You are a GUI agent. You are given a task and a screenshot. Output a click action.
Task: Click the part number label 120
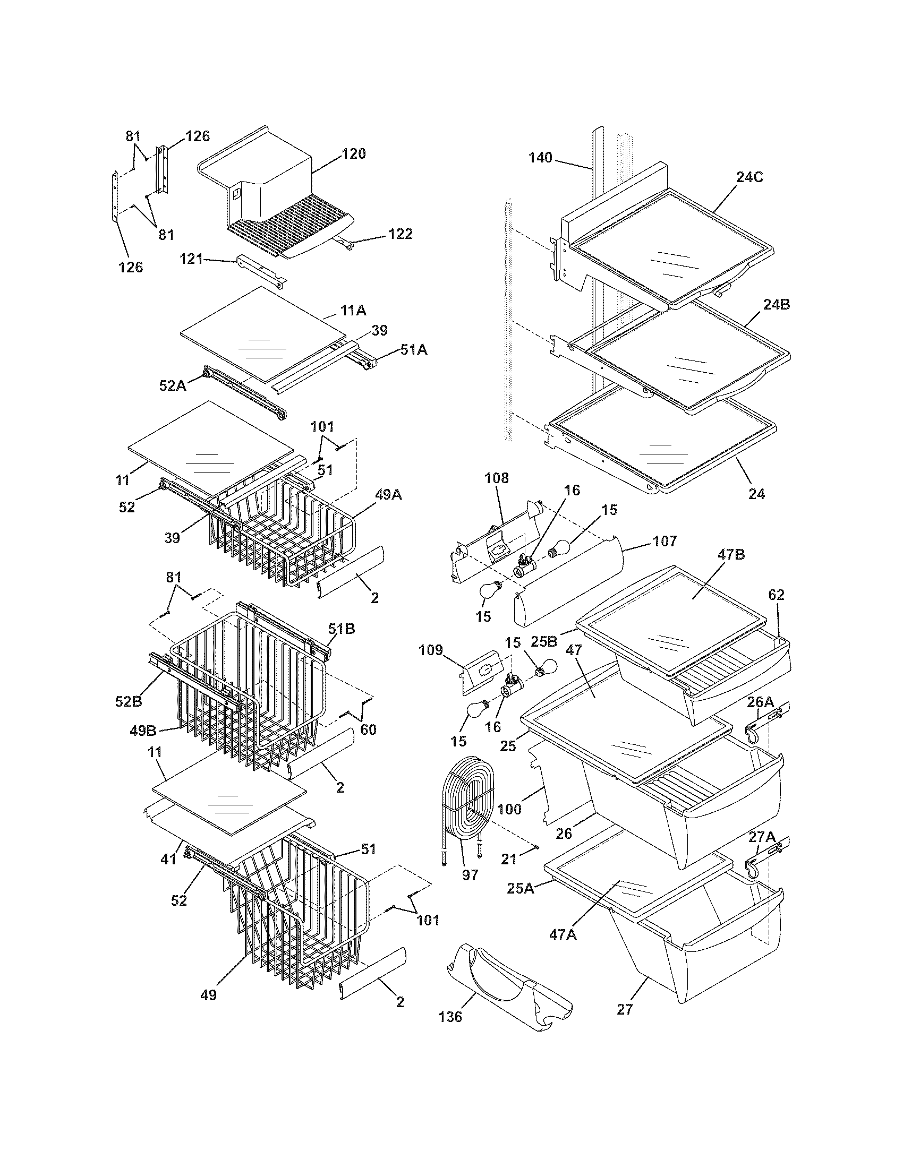[354, 154]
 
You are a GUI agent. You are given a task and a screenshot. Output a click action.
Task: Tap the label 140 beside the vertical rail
[540, 158]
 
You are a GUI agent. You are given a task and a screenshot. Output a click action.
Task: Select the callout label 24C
[749, 177]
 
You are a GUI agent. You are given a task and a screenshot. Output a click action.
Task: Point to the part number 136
[450, 1032]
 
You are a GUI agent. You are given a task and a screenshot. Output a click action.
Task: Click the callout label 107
[665, 541]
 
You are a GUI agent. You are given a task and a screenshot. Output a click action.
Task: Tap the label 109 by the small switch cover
[431, 650]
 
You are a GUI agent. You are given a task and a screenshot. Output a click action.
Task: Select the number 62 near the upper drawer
[776, 595]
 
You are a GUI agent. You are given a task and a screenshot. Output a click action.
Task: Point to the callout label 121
[191, 259]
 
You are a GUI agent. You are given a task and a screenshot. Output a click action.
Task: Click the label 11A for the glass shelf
[353, 310]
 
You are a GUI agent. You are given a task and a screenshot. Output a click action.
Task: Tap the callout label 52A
[172, 385]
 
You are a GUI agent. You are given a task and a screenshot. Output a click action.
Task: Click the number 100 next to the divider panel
[509, 809]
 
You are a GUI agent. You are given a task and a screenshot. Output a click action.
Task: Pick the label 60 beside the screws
[368, 729]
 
